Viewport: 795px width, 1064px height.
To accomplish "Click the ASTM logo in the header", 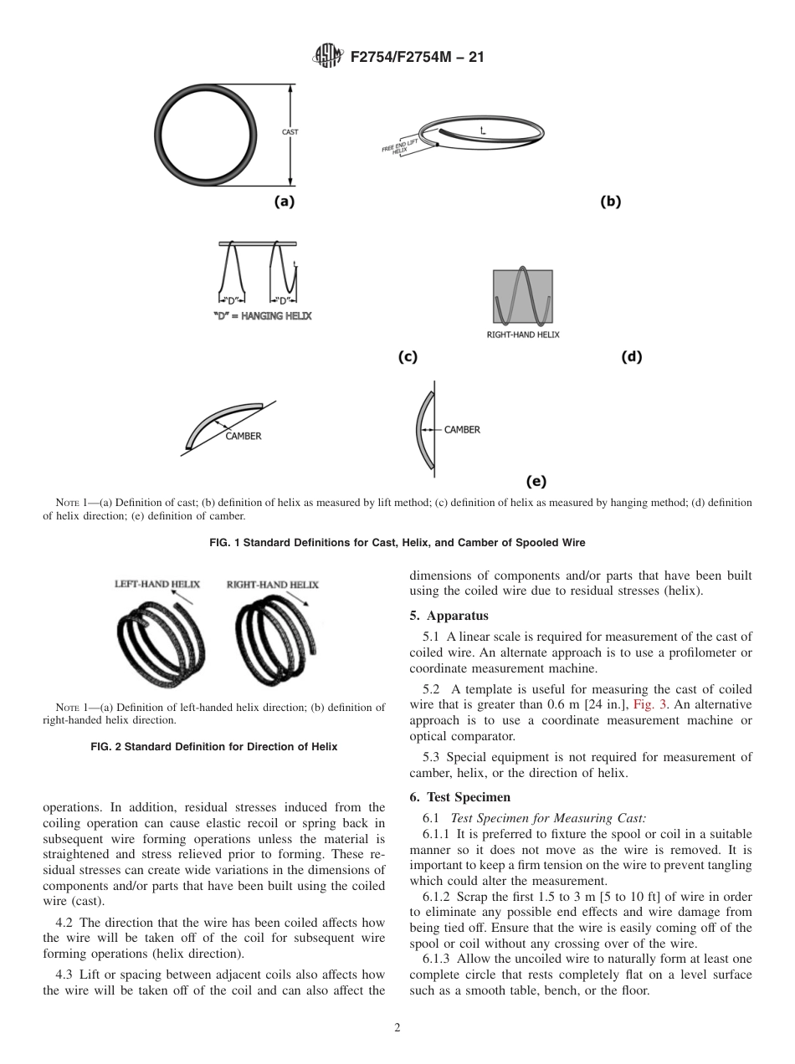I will coord(326,57).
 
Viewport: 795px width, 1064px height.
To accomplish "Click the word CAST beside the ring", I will coord(290,132).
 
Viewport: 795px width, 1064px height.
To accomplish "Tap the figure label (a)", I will coord(285,202).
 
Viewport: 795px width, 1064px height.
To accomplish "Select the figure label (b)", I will coord(611,202).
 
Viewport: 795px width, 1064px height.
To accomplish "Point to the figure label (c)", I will coord(408,357).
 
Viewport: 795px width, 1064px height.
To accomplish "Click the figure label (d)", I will coord(631,357).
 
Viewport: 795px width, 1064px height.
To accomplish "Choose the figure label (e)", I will coord(536,481).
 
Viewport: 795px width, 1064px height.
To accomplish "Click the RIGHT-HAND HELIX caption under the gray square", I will coord(523,335).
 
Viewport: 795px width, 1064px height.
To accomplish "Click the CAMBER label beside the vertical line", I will coord(462,430).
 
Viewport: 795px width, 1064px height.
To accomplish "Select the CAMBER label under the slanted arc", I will coord(244,436).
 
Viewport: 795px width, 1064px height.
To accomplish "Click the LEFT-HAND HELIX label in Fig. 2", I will coord(157,585).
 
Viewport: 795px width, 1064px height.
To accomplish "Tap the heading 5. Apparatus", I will coord(449,616).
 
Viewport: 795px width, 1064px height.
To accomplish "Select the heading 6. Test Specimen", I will coord(459,797).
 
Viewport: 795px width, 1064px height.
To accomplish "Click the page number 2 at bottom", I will coord(397,1028).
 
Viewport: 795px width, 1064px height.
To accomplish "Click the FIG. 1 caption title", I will coord(397,543).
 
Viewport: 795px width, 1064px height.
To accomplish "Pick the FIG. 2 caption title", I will coord(213,747).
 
